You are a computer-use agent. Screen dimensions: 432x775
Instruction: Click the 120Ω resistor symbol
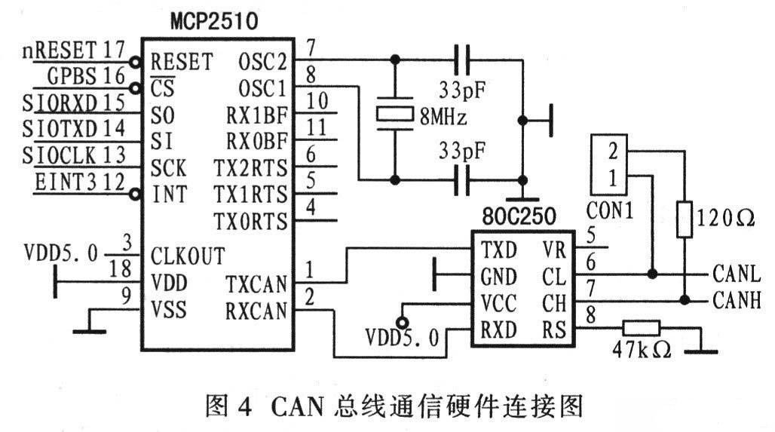pyautogui.click(x=684, y=219)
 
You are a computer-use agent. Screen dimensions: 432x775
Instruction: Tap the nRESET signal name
pyautogui.click(x=60, y=51)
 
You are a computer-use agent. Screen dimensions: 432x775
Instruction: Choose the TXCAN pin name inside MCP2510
pyautogui.click(x=256, y=284)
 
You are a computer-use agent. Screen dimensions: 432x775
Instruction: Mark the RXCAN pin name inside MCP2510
pyautogui.click(x=256, y=311)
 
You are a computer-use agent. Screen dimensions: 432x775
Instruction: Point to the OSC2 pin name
pyautogui.click(x=262, y=60)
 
